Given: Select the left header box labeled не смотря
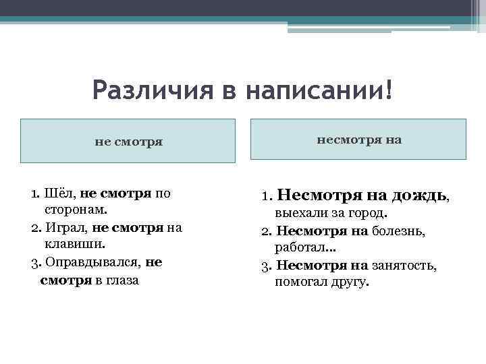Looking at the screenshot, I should pyautogui.click(x=128, y=142).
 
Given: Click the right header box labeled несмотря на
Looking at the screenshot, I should pyautogui.click(x=358, y=140).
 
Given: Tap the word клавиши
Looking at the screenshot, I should pyautogui.click(x=70, y=245).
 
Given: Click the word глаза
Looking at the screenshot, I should pyautogui.click(x=122, y=279).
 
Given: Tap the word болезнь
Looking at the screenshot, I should pyautogui.click(x=408, y=231).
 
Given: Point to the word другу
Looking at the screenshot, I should pyautogui.click(x=350, y=282).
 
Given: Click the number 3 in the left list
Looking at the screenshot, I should pyautogui.click(x=34, y=262).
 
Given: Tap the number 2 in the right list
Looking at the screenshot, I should pyautogui.click(x=265, y=231).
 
